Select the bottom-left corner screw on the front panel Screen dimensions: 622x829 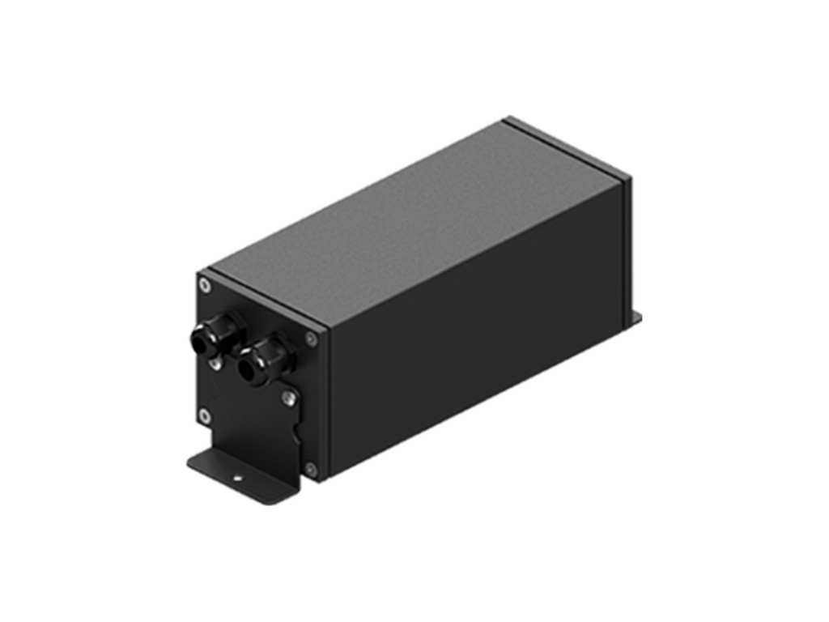204,415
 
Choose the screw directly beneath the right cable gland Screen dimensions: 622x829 287,398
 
